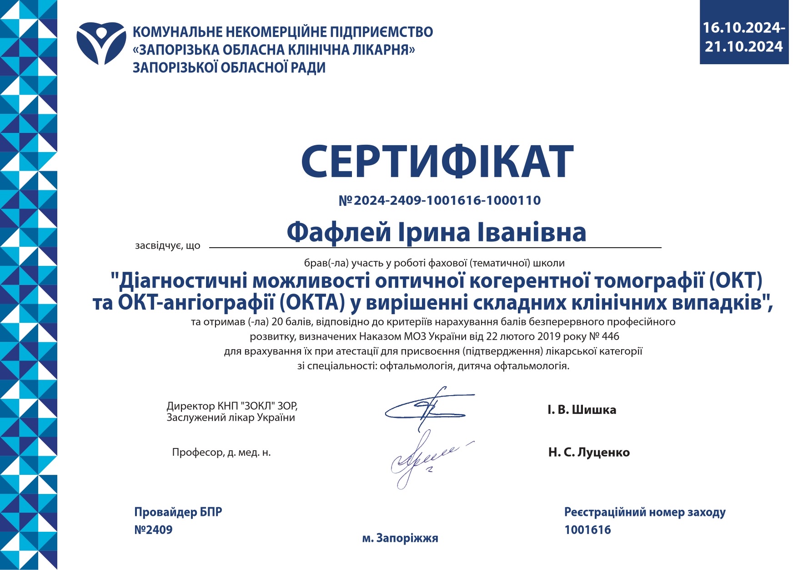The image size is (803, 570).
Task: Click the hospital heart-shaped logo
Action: [101, 43]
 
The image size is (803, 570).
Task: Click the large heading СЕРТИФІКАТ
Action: [437, 162]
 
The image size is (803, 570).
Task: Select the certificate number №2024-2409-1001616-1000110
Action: [440, 200]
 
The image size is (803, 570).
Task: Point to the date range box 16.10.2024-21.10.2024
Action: [743, 37]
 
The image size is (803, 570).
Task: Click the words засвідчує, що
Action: [168, 246]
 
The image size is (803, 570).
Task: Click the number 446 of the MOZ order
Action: [611, 336]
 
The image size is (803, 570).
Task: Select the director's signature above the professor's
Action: [427, 407]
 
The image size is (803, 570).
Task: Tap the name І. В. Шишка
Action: [582, 410]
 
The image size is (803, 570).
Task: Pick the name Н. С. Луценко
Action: [589, 453]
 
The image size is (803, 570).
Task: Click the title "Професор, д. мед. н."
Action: [221, 453]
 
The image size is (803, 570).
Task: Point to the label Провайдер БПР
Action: [178, 512]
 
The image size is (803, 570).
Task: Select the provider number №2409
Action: [153, 530]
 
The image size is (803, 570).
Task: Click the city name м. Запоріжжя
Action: [400, 538]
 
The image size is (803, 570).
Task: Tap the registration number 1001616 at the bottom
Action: [587, 530]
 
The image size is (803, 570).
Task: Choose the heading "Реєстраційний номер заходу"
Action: [645, 512]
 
